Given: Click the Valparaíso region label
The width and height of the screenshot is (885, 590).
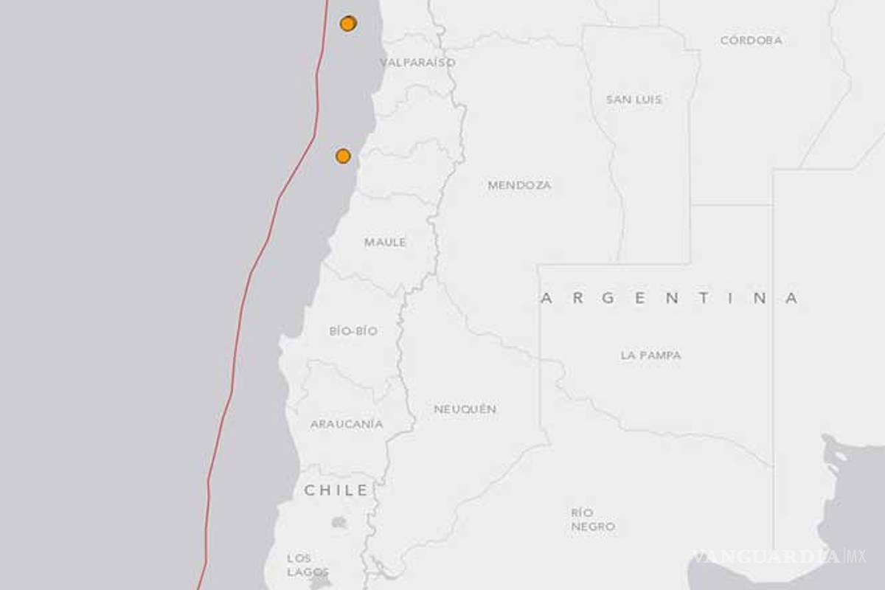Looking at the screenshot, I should [x=417, y=63].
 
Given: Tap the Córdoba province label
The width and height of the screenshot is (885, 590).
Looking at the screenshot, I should [x=751, y=41].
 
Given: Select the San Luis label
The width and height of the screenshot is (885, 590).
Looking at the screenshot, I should [x=634, y=100].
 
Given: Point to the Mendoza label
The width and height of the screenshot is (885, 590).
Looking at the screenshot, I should [x=519, y=186].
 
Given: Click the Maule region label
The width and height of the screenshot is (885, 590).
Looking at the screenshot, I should [x=385, y=242].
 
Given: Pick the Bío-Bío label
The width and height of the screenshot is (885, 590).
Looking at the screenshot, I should [x=353, y=331].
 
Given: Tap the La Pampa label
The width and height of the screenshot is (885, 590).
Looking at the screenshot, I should [x=650, y=355].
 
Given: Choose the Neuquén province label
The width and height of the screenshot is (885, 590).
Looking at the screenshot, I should [x=465, y=409].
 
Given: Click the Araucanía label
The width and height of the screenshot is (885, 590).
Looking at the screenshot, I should [x=347, y=424].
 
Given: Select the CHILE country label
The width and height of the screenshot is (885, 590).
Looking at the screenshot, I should [x=336, y=490].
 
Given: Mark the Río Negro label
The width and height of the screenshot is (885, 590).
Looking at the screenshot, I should [x=592, y=519].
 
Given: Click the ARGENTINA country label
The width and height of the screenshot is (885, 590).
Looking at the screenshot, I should [x=670, y=299].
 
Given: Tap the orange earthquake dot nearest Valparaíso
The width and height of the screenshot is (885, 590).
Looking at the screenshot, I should [x=348, y=23].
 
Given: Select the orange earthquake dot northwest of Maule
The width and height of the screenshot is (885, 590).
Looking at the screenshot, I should [x=343, y=156].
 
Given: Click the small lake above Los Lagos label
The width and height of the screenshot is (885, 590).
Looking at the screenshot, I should [x=339, y=522].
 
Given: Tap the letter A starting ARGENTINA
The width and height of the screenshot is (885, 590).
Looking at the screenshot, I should [x=547, y=299].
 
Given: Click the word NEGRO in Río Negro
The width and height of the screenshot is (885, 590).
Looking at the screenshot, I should [x=592, y=527].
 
